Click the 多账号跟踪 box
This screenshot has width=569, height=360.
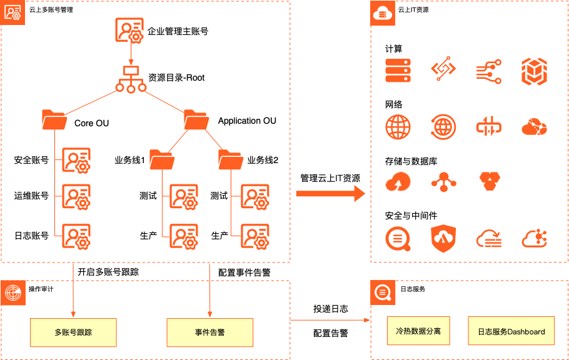click(73, 332)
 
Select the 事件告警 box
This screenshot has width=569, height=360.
click(209, 332)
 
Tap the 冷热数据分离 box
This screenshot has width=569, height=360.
click(418, 331)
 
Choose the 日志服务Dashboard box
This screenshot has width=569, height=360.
click(511, 331)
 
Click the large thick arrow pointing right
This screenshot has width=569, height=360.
click(330, 194)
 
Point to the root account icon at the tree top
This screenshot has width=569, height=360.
click(129, 29)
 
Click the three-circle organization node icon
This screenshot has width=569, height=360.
click(131, 81)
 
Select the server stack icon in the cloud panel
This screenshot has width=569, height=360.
click(398, 71)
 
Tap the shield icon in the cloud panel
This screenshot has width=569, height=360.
click(443, 237)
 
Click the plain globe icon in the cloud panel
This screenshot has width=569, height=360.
click(398, 127)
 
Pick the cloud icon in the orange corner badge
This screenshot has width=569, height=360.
click(383, 13)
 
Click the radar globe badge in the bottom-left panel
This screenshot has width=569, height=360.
click(13, 292)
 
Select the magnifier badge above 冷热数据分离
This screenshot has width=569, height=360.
click(383, 292)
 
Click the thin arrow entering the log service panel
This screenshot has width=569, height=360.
click(330, 320)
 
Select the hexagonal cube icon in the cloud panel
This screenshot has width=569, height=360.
click(534, 71)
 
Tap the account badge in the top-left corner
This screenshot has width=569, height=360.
click(13, 13)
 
